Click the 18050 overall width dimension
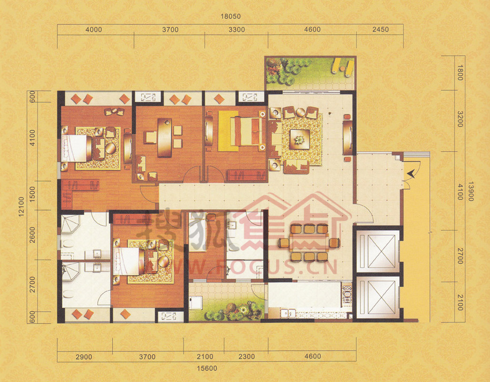pos(231,16)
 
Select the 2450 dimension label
pos(381,30)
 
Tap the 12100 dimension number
pos(21,207)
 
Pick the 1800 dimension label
pos(460,73)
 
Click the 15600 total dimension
pos(207,368)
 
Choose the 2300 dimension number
pos(246,356)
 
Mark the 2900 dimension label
pos(84,357)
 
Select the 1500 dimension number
pos(33,194)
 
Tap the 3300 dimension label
pos(237,30)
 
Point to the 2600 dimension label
pos(33,235)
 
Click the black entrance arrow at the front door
pos(411,174)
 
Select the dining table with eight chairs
pos(309,243)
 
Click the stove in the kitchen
pos(347,295)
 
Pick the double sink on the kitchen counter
pos(288,313)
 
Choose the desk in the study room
pos(164,137)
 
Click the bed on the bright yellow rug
pos(246,131)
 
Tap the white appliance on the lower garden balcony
pos(196,303)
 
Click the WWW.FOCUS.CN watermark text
pos(240,267)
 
